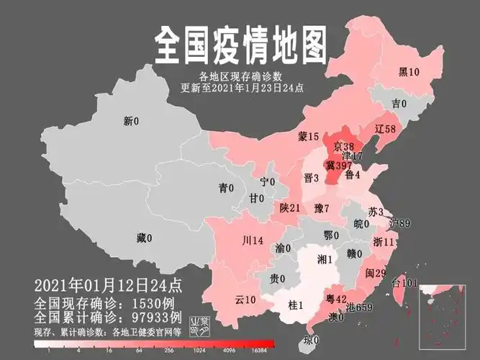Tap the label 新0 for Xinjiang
(130, 122)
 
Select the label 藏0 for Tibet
(143, 238)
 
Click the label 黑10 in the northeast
(409, 71)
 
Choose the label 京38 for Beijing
(344, 147)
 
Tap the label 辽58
(386, 129)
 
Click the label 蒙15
(308, 136)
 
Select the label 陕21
(290, 207)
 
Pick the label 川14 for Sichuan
(253, 240)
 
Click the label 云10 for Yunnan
(245, 299)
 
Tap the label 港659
(359, 307)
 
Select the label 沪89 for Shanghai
(399, 224)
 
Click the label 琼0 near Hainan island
(310, 340)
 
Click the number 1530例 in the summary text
(149, 303)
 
